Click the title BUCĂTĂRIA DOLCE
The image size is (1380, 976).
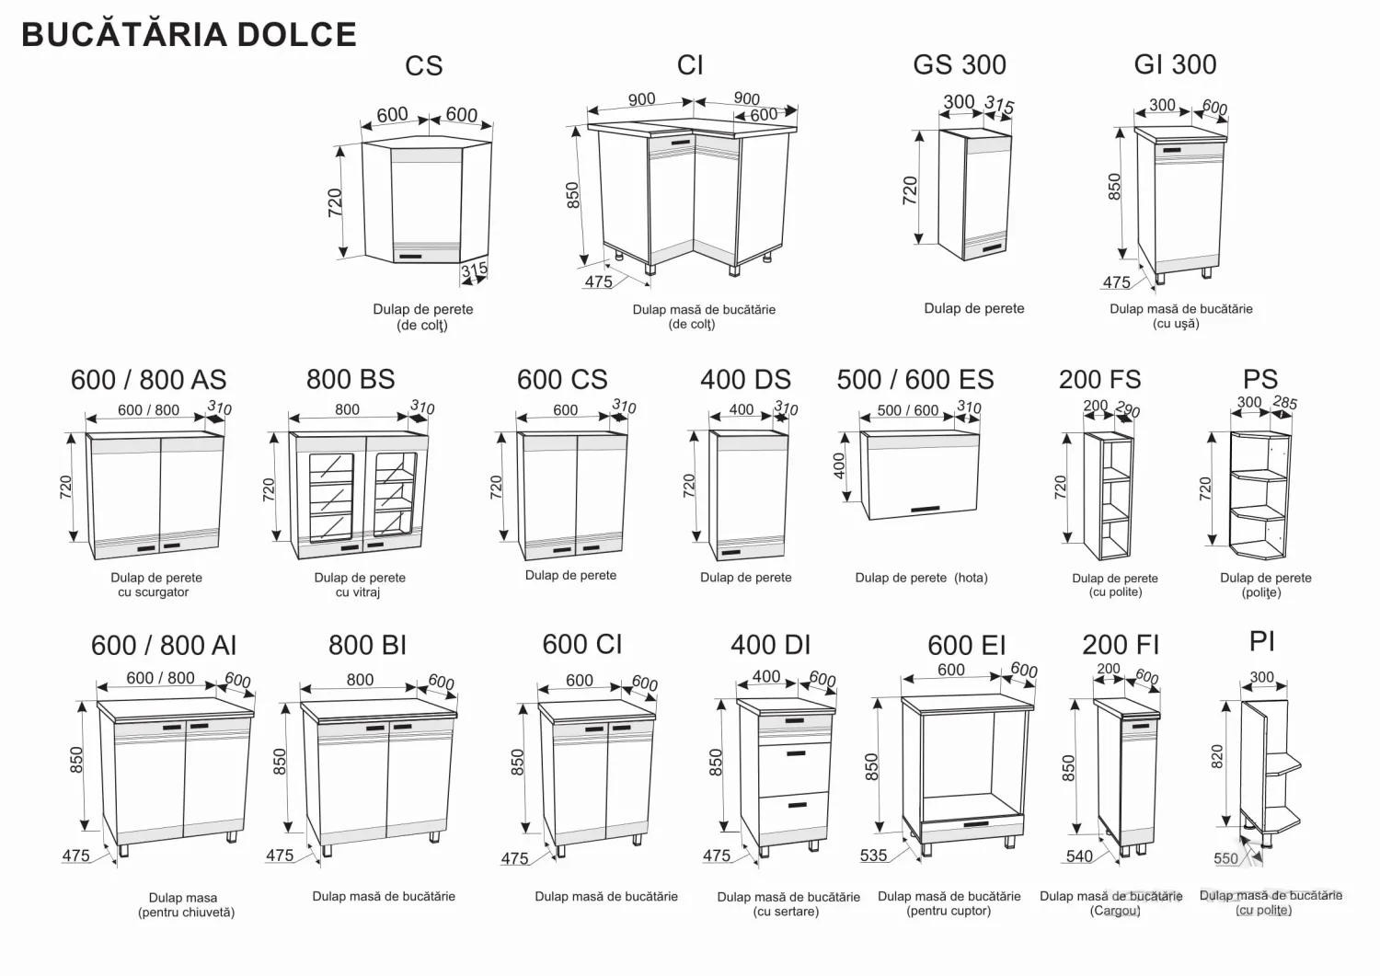[x=190, y=34]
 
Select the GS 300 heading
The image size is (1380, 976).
[x=960, y=64]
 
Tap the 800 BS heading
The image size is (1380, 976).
[x=351, y=379]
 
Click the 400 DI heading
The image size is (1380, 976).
[x=770, y=645]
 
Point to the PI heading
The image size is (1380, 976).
[x=1261, y=641]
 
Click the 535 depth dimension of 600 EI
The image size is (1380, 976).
[x=874, y=855]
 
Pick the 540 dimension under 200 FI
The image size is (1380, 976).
[x=1079, y=855]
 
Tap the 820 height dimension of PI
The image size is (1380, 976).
[x=1217, y=757]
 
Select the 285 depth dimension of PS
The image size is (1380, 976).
[x=1285, y=403]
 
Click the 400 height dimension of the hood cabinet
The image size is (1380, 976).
[x=839, y=465]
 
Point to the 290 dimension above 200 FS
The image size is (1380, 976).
[x=1127, y=409]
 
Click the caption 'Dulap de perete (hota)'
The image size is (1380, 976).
[x=921, y=578]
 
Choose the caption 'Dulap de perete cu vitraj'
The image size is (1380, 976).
[x=360, y=585]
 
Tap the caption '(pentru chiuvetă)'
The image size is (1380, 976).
[x=186, y=912]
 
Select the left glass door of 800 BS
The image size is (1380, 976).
[x=331, y=498]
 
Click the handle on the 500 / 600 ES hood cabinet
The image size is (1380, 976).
[x=926, y=509]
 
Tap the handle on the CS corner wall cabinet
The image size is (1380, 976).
[x=410, y=256]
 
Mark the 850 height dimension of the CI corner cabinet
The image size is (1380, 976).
[x=573, y=195]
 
